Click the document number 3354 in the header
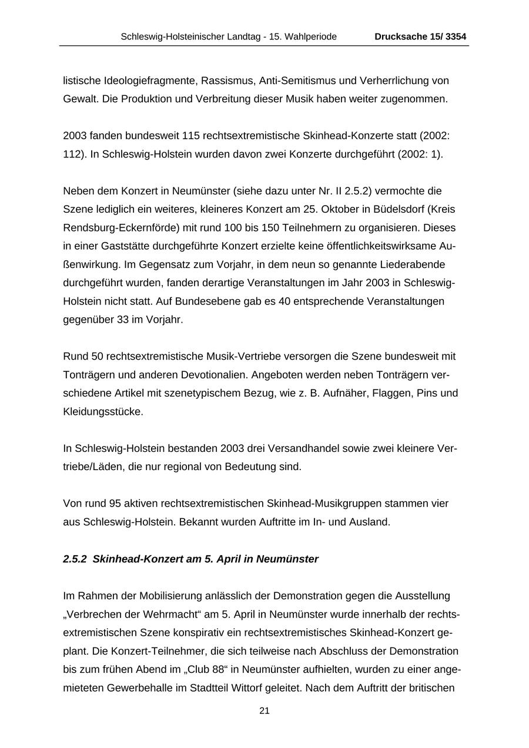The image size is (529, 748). [x=456, y=37]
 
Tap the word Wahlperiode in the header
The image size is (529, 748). [x=310, y=37]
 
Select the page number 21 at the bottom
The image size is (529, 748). [x=264, y=711]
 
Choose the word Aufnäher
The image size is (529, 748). [x=346, y=393]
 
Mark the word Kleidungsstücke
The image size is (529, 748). [x=103, y=412]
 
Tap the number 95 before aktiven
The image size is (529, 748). [x=115, y=504]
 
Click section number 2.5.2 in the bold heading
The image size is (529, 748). [x=75, y=559]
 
